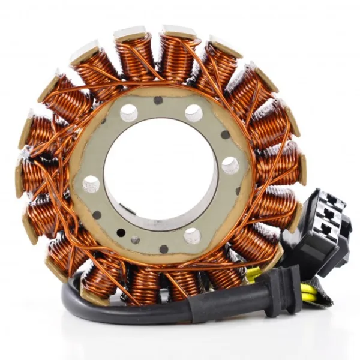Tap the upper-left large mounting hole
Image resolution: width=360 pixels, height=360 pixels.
click(x=128, y=112)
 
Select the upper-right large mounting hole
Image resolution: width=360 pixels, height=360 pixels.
click(x=193, y=113)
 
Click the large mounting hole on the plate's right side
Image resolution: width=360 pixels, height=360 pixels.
click(x=230, y=165)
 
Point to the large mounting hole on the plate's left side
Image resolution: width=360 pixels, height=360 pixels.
click(x=91, y=184)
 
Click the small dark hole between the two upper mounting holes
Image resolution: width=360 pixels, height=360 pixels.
click(x=158, y=101)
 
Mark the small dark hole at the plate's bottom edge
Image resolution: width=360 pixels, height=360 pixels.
click(x=163, y=248)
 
